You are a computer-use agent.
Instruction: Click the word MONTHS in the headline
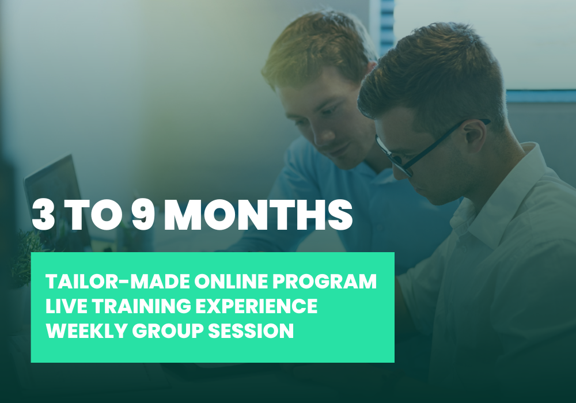coord(258,215)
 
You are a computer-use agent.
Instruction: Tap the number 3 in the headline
coord(43,215)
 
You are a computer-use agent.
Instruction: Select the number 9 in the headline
coord(143,215)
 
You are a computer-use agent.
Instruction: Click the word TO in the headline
coord(94,215)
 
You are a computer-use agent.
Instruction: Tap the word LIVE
coord(66,306)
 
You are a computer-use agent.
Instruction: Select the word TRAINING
coord(142,306)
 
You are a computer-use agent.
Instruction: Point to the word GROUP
coord(168,330)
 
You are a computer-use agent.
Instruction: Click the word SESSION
coord(251,330)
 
